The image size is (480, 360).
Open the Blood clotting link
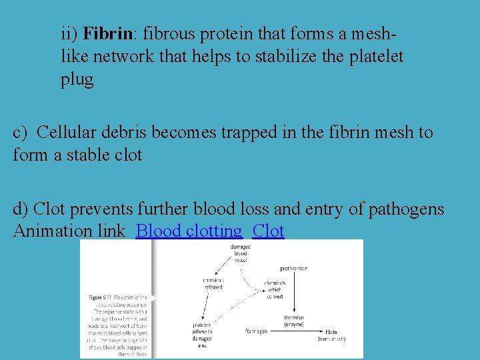[x=189, y=231]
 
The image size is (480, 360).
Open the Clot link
[x=269, y=231]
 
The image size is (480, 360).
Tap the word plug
[x=77, y=80]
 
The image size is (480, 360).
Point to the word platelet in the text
[x=375, y=57]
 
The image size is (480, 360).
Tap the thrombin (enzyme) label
[x=293, y=321]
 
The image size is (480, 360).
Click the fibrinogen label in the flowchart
[x=256, y=331]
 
